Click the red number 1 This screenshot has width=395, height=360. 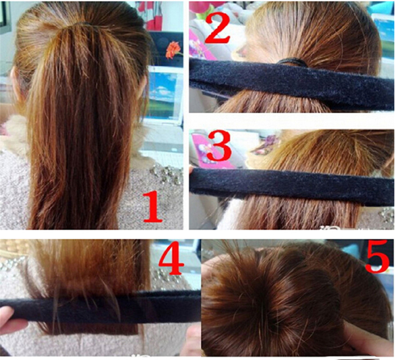(x=153, y=207)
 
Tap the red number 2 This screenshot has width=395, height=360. (x=217, y=28)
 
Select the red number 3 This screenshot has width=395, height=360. (x=219, y=146)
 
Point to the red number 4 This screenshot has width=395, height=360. (x=171, y=258)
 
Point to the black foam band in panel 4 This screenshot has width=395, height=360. (x=101, y=306)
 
